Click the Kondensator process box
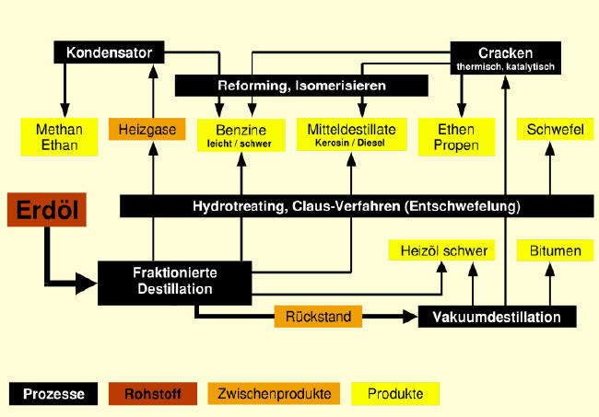coord(110,52)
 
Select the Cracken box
coord(506,58)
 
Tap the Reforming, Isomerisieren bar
coord(301,86)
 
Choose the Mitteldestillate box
coord(351,135)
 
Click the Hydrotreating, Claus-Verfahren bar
coord(356,205)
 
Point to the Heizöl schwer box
coord(437,250)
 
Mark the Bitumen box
coord(547,250)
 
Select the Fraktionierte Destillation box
coord(174,280)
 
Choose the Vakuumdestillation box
coord(497,317)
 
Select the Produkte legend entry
coord(395,394)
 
